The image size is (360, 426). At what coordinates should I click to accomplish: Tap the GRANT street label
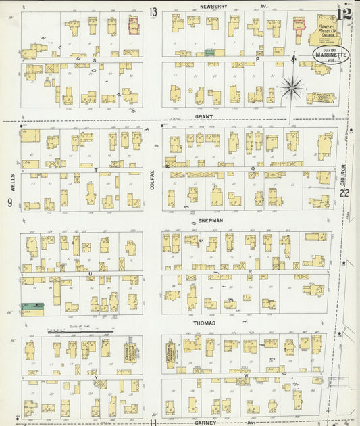204,116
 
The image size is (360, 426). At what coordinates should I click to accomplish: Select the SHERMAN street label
210,220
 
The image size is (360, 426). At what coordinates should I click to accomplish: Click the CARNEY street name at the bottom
205,421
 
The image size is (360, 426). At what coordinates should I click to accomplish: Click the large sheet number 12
345,14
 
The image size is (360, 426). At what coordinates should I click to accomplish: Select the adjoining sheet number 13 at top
153,11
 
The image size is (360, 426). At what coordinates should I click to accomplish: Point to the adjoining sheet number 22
345,194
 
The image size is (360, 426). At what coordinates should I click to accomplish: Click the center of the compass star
292,87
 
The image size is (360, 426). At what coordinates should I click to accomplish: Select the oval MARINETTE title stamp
330,55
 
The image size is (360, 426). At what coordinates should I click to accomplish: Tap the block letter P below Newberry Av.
257,60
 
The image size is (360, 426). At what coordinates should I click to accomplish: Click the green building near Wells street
31,308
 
